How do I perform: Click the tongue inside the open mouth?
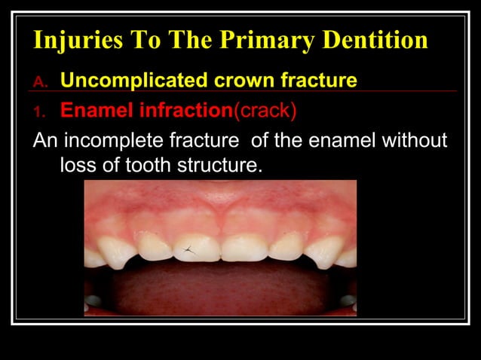click(x=219, y=290)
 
